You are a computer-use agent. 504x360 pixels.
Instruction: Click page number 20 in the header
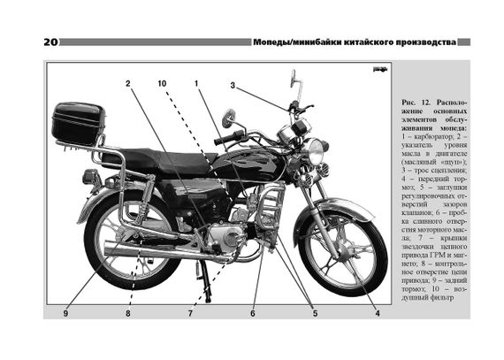[x=50, y=42]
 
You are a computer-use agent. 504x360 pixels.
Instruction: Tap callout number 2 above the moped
[x=128, y=83]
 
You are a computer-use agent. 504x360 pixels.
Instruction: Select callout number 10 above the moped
[x=162, y=83]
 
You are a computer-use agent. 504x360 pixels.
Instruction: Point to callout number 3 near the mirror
[x=233, y=86]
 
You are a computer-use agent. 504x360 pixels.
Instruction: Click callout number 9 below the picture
[x=65, y=313]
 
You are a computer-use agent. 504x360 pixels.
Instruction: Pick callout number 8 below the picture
[x=128, y=313]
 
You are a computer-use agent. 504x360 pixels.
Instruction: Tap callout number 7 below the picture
[x=190, y=313]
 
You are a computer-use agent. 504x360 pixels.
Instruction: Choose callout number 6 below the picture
[x=253, y=313]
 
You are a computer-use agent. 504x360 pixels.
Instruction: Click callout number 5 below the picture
[x=315, y=313]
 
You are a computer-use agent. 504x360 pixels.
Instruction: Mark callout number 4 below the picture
[x=378, y=313]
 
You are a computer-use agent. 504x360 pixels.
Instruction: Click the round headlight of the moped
[x=316, y=151]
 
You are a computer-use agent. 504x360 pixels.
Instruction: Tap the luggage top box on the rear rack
[x=78, y=123]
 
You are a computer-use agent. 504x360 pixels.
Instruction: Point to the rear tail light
[x=91, y=177]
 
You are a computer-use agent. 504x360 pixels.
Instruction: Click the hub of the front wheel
[x=341, y=250]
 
